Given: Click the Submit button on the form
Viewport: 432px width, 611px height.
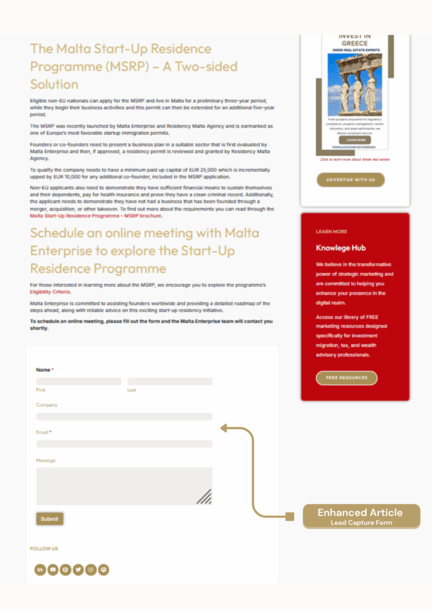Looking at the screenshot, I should [x=50, y=519].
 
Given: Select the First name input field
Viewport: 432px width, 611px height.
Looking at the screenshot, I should [x=79, y=381].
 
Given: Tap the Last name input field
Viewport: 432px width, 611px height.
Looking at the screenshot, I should [x=170, y=381].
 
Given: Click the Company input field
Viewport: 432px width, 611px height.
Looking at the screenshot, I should [x=124, y=416].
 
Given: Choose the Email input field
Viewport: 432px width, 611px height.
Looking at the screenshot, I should [x=124, y=444].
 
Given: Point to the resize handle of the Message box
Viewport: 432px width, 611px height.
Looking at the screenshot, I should [x=205, y=496].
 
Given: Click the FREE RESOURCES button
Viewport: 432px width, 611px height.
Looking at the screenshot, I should [x=346, y=378].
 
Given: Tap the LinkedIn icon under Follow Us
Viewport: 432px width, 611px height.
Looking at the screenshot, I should [x=41, y=570].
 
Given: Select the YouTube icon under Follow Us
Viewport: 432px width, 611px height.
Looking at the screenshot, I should [x=53, y=570].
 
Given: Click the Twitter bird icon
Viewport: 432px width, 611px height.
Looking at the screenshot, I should [x=78, y=570].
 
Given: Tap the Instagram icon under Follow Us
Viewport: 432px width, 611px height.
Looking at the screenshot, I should [x=91, y=570].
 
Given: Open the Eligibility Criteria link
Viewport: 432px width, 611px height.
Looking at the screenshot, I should [x=50, y=292].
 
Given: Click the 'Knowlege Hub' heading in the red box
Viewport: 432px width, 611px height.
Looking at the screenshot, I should [x=341, y=248].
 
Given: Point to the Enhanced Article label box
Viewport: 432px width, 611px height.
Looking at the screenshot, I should [x=360, y=516].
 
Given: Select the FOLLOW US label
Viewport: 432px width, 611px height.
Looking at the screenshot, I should [x=44, y=548].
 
